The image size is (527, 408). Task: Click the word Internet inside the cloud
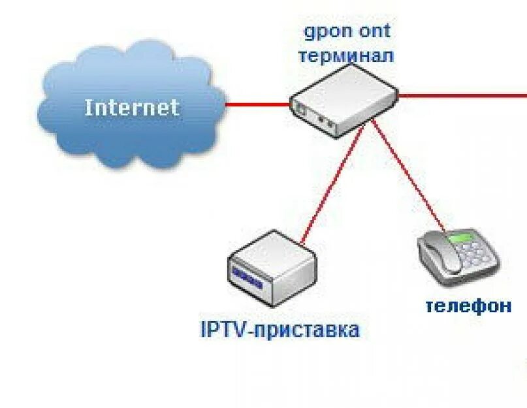(x=131, y=107)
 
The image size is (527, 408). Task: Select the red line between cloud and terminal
(x=258, y=103)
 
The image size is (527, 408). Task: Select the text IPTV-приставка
(x=279, y=329)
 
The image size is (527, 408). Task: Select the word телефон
(x=468, y=306)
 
